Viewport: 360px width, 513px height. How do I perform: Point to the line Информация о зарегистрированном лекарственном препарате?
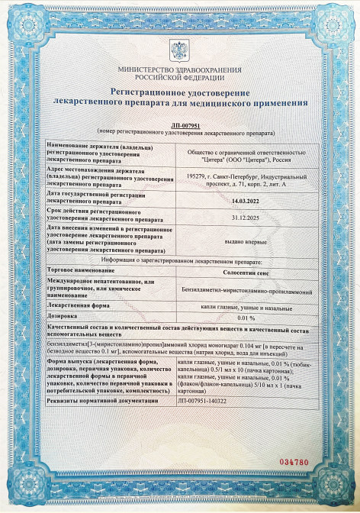point(180,260)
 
